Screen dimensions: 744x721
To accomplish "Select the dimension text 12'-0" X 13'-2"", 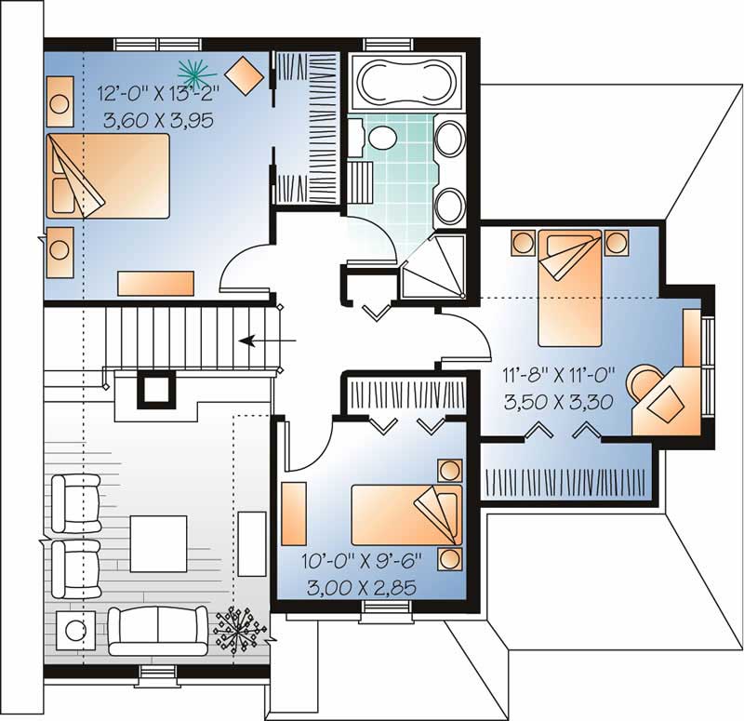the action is pyautogui.click(x=159, y=93).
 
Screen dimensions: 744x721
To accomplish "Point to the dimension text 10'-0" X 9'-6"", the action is pyautogui.click(x=362, y=562).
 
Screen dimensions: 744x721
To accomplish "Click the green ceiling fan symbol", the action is pyautogui.click(x=196, y=73).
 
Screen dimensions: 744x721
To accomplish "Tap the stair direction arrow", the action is pyautogui.click(x=268, y=340).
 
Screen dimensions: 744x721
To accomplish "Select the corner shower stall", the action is pyautogui.click(x=432, y=266).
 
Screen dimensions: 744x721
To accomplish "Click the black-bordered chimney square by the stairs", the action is pyautogui.click(x=156, y=389).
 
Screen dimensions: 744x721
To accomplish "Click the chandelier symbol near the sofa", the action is pyautogui.click(x=236, y=629).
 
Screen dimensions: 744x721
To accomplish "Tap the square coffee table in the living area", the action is pyautogui.click(x=158, y=543).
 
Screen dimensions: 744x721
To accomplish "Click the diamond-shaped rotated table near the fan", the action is pyautogui.click(x=244, y=76).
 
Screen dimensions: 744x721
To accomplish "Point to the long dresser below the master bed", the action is pyautogui.click(x=156, y=284).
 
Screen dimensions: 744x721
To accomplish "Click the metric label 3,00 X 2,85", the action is pyautogui.click(x=362, y=588).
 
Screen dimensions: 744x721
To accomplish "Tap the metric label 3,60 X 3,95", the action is pyautogui.click(x=159, y=120).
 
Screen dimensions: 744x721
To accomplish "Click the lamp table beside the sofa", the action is pyautogui.click(x=75, y=631).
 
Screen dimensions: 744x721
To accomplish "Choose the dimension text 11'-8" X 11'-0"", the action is pyautogui.click(x=559, y=376).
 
